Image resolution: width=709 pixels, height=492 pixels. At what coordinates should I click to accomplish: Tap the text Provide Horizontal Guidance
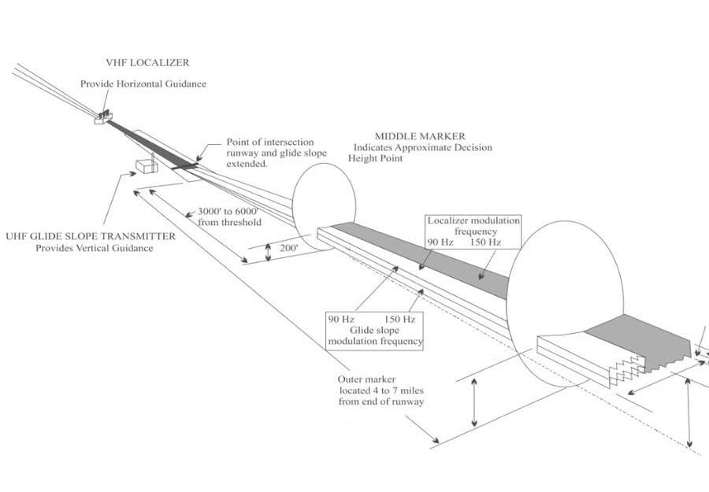(x=143, y=83)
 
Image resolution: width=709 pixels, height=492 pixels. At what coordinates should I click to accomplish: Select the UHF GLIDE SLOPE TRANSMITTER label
(x=91, y=236)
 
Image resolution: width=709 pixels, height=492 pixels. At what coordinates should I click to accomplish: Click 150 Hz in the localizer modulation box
(x=484, y=242)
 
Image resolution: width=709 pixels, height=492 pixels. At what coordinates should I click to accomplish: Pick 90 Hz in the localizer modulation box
(x=440, y=242)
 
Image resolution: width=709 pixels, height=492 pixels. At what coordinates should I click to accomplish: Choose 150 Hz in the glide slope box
(x=399, y=319)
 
